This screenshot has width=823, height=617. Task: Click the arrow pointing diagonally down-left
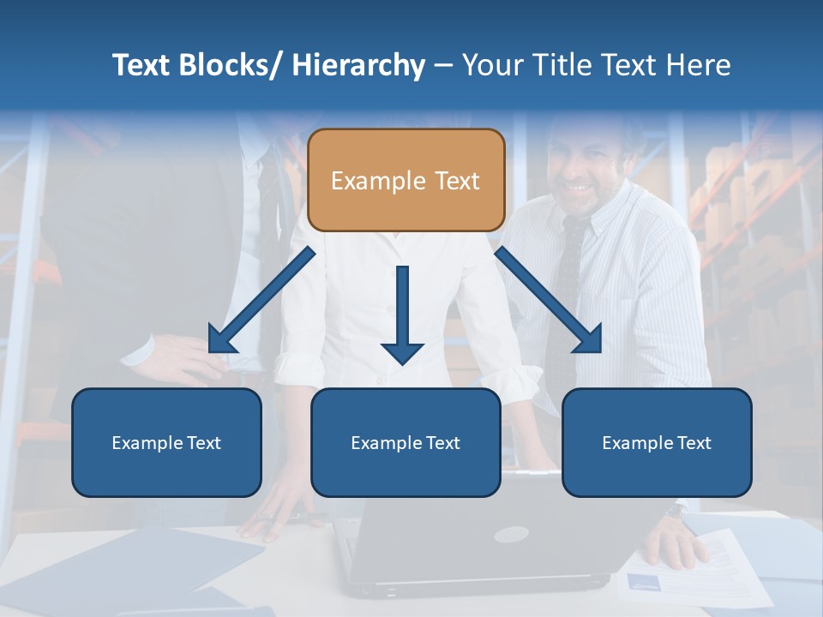coord(261,300)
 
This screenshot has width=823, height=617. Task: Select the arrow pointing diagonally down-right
coord(549,300)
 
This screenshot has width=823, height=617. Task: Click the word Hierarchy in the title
coord(358,65)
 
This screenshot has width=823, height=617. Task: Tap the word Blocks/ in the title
coord(230,65)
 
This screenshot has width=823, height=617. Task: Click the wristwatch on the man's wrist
coord(676,511)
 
